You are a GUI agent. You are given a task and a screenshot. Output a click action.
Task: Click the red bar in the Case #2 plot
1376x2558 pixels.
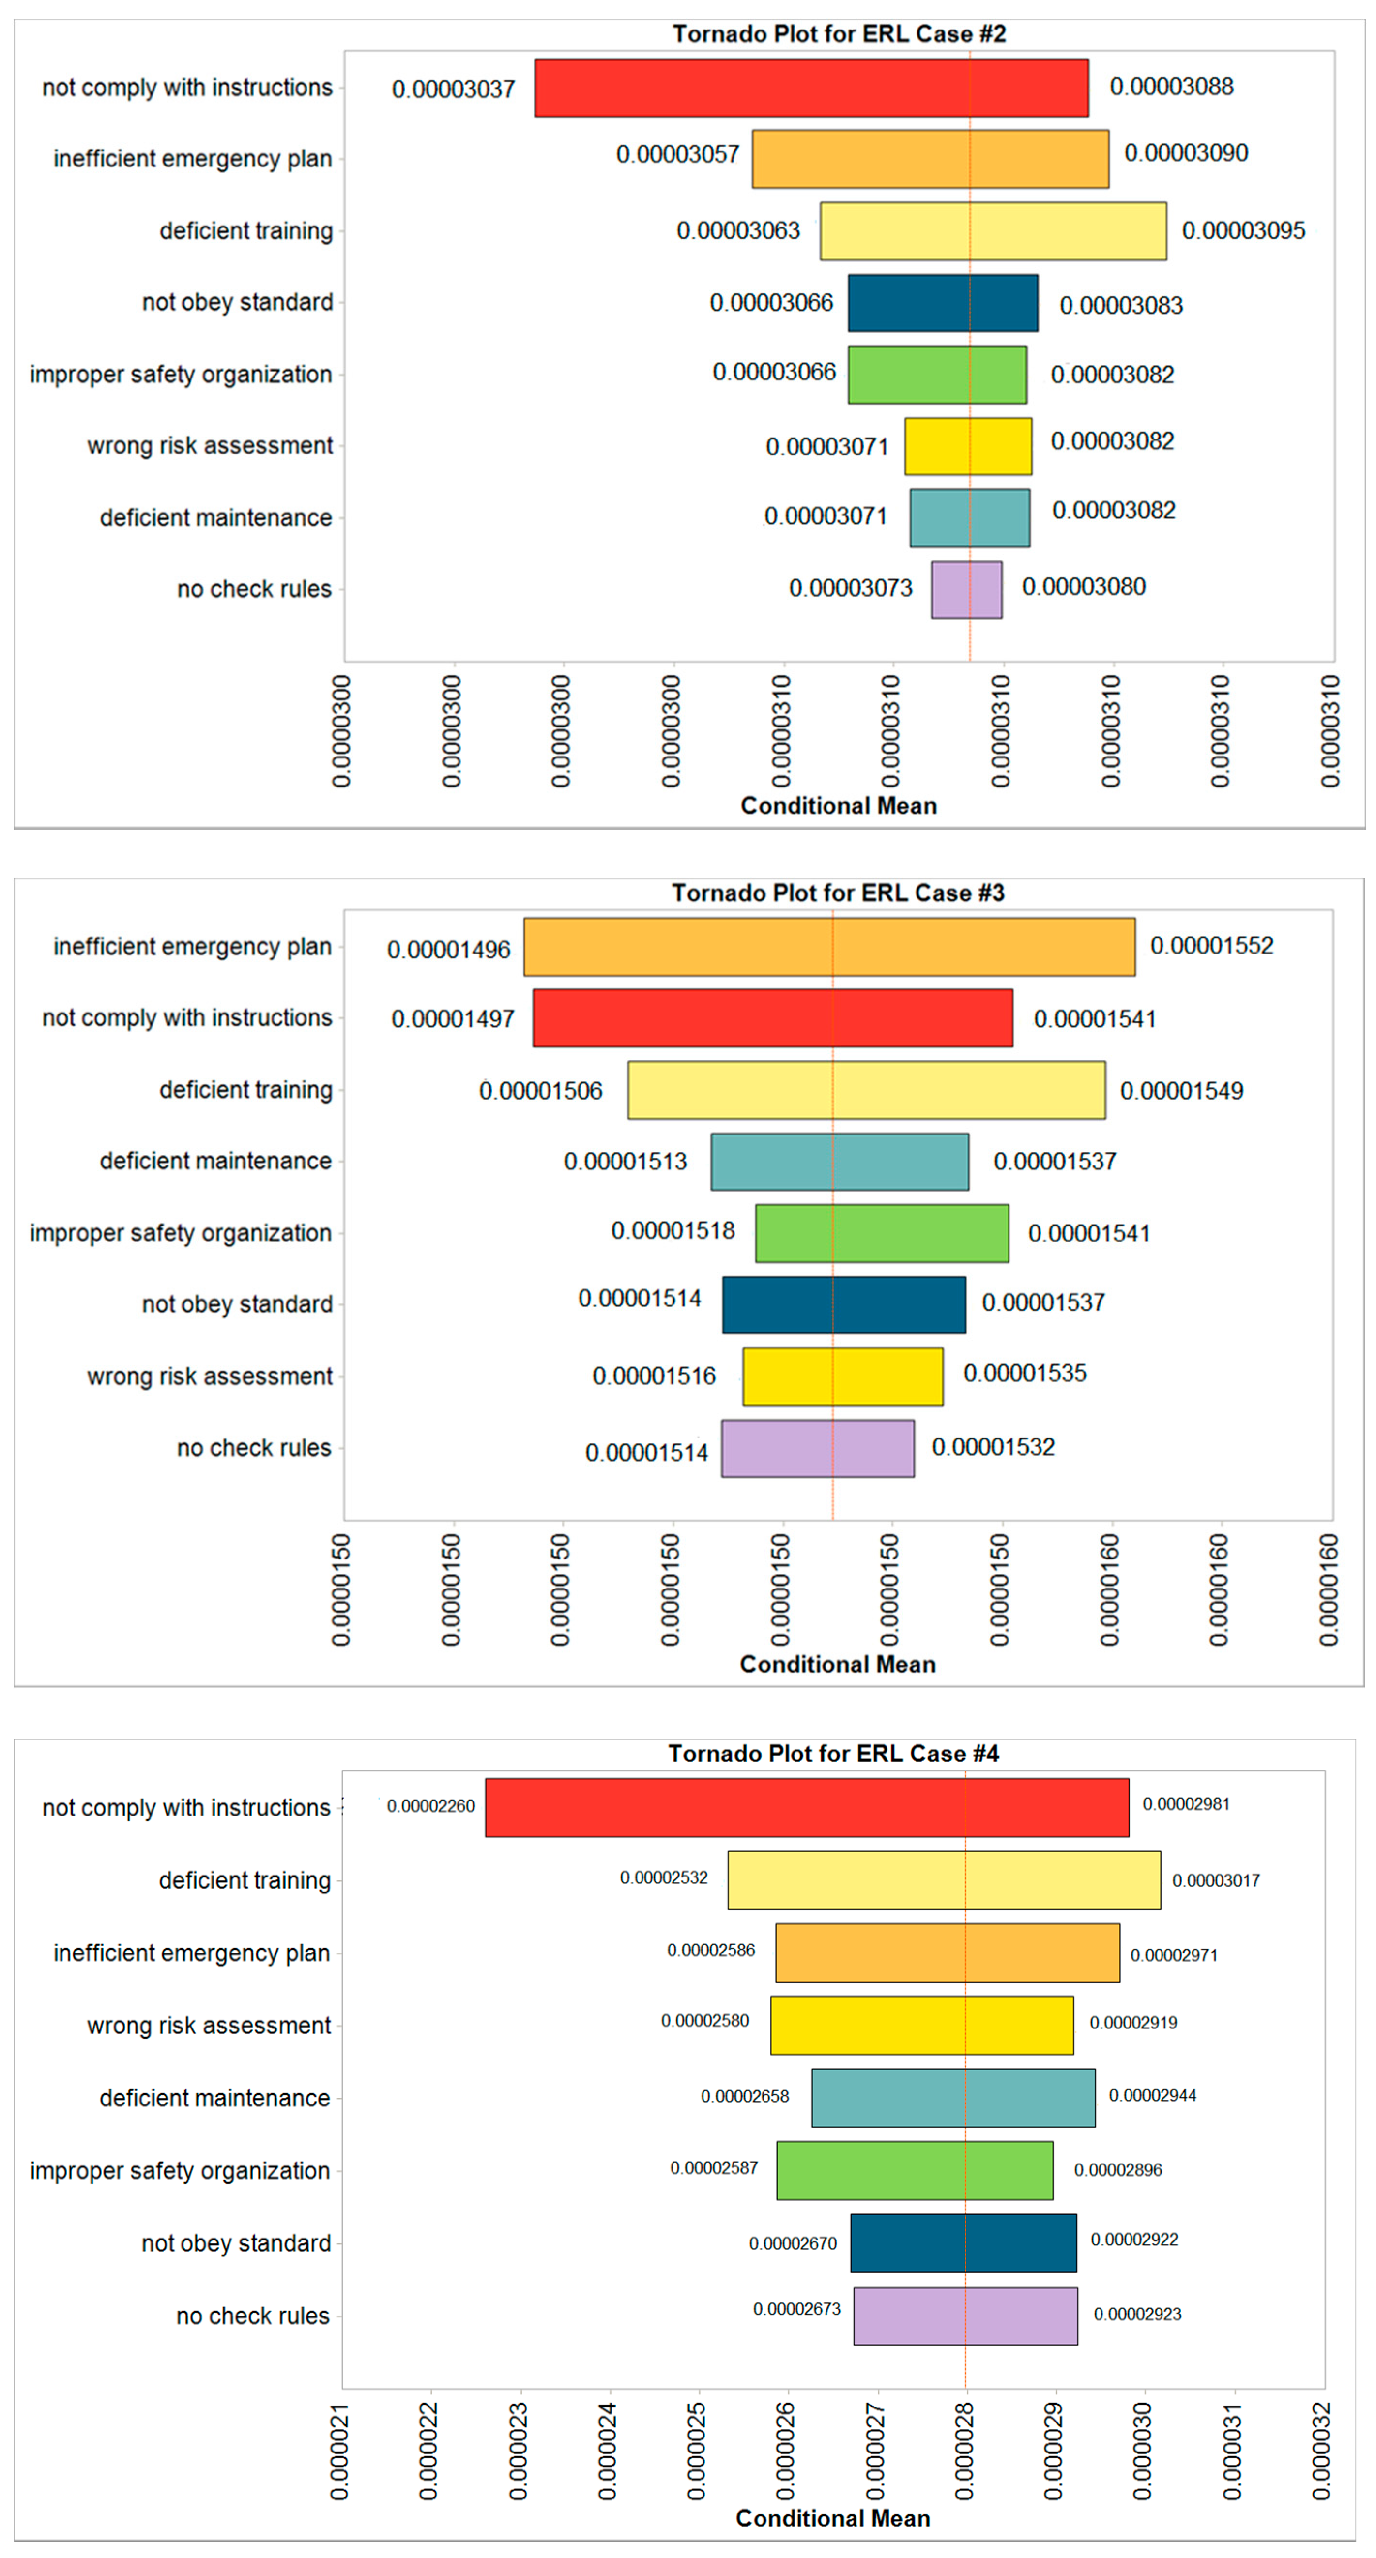(810, 88)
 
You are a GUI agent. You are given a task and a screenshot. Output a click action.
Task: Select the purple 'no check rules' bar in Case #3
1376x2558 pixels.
(817, 1448)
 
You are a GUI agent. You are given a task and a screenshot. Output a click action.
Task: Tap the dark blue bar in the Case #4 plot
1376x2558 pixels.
(963, 2242)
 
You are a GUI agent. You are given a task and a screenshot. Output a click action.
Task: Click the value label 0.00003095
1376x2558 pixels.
(1243, 230)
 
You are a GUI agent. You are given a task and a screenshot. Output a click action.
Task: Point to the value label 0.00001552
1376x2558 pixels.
(1211, 945)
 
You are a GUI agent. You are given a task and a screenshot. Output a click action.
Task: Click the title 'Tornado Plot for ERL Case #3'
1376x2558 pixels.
(838, 893)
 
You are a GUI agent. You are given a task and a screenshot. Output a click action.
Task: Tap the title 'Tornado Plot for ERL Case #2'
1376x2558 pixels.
(839, 34)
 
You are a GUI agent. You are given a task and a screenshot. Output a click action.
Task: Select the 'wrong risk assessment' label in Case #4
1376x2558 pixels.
(209, 2025)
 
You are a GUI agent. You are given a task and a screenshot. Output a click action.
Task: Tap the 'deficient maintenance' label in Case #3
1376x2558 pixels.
(215, 1161)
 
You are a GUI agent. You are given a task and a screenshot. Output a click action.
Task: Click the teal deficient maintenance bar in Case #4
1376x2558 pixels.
(953, 2097)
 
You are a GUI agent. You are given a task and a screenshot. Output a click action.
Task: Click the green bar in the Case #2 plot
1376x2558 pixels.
(937, 374)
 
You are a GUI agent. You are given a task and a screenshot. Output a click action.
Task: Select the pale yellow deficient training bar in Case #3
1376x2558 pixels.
(865, 1090)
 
